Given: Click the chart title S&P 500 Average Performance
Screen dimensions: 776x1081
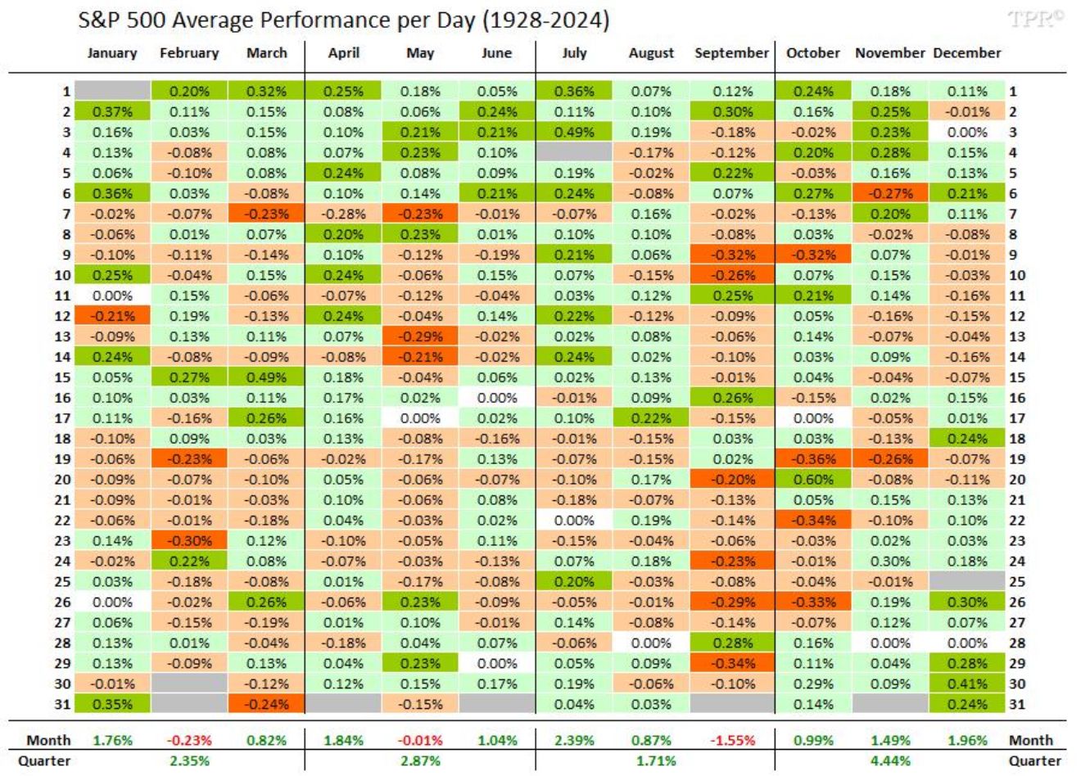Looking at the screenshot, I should point(343,20).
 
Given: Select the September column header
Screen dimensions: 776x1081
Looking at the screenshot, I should point(731,53).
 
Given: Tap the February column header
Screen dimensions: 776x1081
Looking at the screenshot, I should point(189,53).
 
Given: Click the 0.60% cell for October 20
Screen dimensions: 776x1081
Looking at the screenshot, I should point(813,480).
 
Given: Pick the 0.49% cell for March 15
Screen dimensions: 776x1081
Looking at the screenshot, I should point(266,377).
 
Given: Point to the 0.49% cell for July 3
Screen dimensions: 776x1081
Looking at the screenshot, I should point(574,132).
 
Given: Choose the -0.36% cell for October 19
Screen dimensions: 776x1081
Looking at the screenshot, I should point(813,459).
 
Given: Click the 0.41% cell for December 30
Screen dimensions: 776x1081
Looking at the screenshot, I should point(967,684).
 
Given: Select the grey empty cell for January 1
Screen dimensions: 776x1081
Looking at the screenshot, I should point(112,91).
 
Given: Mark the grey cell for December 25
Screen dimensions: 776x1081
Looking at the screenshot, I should point(967,581).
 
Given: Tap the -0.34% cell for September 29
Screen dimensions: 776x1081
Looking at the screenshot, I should point(731,663).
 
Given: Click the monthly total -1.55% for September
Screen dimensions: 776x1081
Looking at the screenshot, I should point(732,740).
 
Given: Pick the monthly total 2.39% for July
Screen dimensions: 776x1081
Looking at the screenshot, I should point(574,740).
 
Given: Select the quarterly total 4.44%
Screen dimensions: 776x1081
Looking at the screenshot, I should point(890,760).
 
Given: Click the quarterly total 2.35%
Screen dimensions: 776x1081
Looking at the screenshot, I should point(189,760).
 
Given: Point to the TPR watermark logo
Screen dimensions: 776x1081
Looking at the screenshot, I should point(1036,18).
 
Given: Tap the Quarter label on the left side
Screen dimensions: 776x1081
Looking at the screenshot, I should point(44,760).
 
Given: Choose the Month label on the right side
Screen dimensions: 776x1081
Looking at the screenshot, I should point(1031,740).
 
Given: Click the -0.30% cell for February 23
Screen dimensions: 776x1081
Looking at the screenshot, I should point(189,541).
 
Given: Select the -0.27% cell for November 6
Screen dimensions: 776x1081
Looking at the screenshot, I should point(890,193).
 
